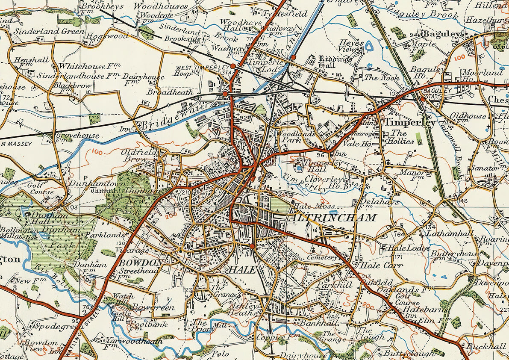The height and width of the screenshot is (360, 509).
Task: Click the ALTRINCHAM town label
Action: [x=333, y=218]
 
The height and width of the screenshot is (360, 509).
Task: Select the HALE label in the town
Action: [x=242, y=270]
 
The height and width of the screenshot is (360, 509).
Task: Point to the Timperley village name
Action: [x=410, y=123]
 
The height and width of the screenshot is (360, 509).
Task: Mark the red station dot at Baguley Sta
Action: [x=423, y=99]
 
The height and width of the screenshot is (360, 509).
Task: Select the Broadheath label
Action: [x=170, y=92]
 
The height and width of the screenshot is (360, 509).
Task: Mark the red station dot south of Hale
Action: [x=253, y=246]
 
